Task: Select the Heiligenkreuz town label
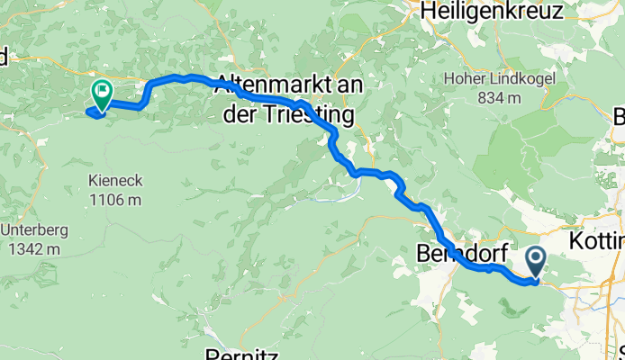click(x=485, y=12)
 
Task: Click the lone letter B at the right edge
click(x=619, y=117)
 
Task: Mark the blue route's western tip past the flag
click(x=87, y=112)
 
